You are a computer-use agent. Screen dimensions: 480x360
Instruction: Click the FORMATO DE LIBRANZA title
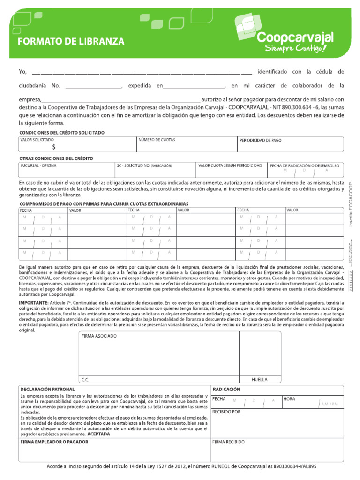(x=71, y=42)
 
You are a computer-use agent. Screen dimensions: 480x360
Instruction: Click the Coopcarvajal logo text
(x=296, y=37)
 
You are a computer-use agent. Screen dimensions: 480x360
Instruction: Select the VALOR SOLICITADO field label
(x=37, y=140)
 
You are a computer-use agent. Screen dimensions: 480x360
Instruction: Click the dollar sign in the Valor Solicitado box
(x=54, y=147)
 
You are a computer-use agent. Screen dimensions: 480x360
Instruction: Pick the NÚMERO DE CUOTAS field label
(x=156, y=140)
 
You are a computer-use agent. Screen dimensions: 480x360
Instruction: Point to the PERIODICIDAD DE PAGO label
(x=261, y=140)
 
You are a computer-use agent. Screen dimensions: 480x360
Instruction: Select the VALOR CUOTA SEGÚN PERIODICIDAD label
(x=230, y=165)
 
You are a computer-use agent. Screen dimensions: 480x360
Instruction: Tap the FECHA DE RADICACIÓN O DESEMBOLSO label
(x=305, y=165)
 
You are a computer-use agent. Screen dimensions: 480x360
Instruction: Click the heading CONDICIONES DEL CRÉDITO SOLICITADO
(x=62, y=133)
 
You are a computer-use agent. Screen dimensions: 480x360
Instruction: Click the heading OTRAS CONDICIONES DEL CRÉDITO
(x=56, y=158)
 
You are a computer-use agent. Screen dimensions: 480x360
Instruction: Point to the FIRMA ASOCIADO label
(x=99, y=336)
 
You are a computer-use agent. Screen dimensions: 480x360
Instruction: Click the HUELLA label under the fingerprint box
(x=259, y=379)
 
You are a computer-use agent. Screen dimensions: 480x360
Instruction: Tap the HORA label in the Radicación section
(x=289, y=399)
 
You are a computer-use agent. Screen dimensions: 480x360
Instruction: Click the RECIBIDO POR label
(x=226, y=412)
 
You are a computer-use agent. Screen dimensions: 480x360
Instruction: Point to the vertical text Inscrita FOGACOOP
(x=351, y=204)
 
